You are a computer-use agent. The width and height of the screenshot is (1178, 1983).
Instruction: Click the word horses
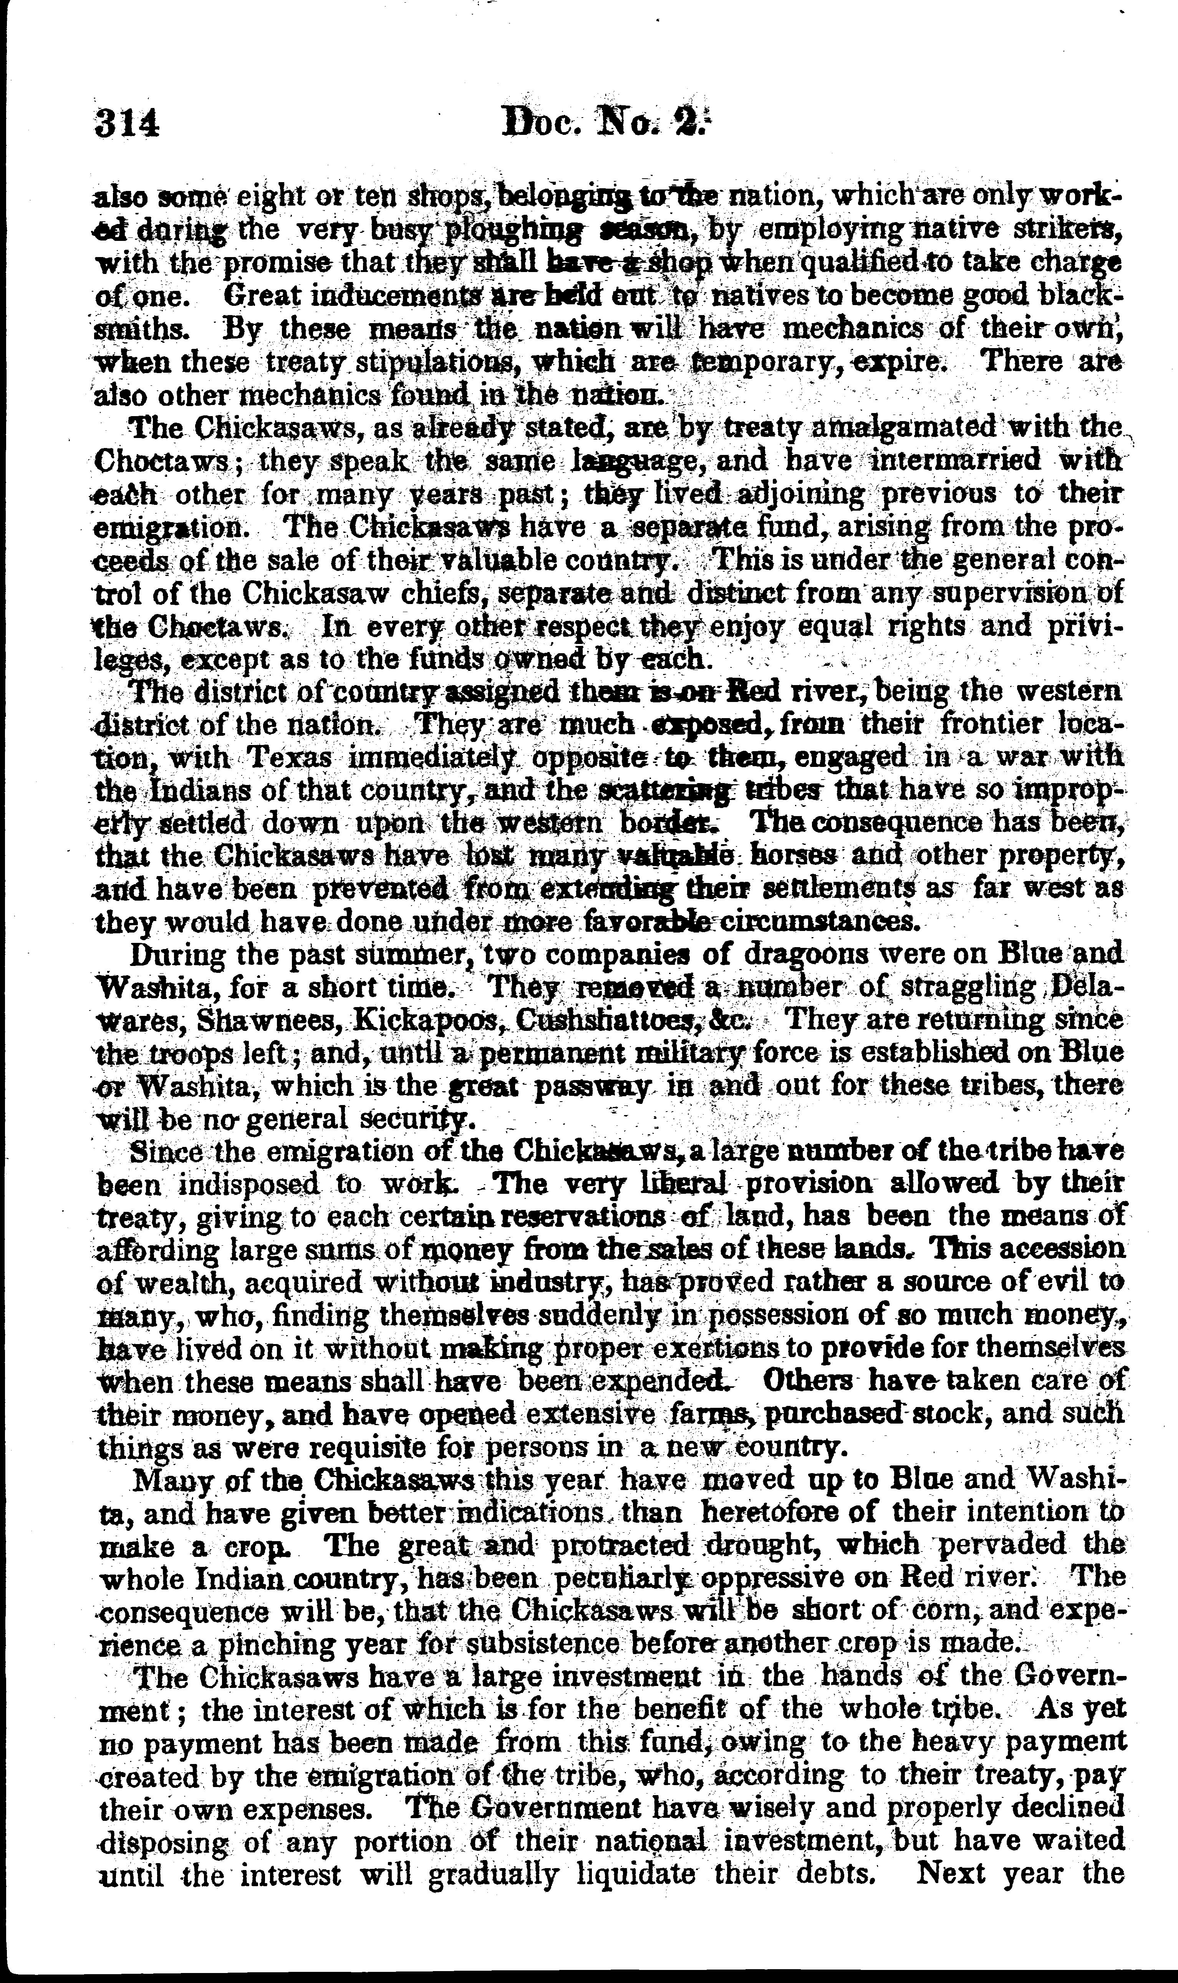(794, 856)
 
